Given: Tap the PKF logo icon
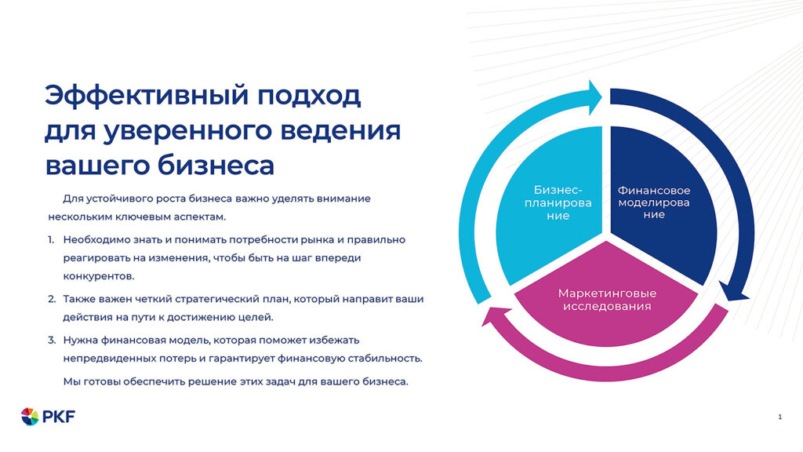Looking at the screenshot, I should pyautogui.click(x=30, y=416).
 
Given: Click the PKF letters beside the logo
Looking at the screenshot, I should pyautogui.click(x=59, y=417).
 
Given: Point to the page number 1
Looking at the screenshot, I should pyautogui.click(x=779, y=417).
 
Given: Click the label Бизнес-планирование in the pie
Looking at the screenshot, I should pyautogui.click(x=558, y=202).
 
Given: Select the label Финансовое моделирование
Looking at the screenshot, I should pyautogui.click(x=653, y=202).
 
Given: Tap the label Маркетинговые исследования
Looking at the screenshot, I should pyautogui.click(x=607, y=299).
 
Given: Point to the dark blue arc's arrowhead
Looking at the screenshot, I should pyautogui.click(x=732, y=291).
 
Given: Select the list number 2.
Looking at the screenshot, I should pyautogui.click(x=51, y=299).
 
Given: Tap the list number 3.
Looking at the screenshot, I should pyautogui.click(x=51, y=340).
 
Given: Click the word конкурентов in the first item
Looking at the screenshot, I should pyautogui.click(x=99, y=276).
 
